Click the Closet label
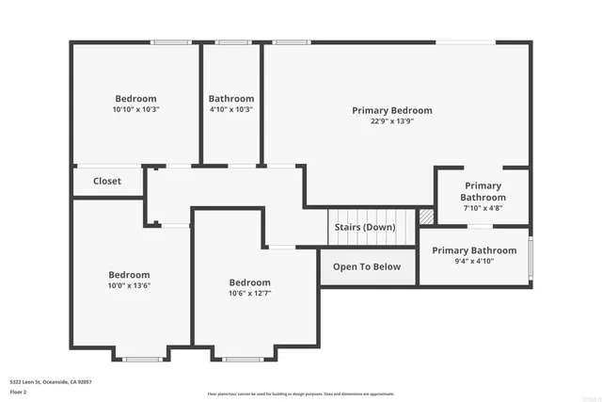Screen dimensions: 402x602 pyautogui.click(x=107, y=181)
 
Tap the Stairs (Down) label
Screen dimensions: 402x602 pyautogui.click(x=365, y=228)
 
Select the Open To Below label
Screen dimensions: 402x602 pyautogui.click(x=367, y=266)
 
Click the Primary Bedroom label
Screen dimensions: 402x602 pyautogui.click(x=392, y=110)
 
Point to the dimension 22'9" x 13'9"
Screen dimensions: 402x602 pyautogui.click(x=392, y=121)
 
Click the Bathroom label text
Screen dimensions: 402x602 pyautogui.click(x=231, y=99)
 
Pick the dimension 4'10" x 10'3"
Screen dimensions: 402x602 pyautogui.click(x=231, y=109)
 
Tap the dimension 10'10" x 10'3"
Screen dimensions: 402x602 pyautogui.click(x=136, y=109)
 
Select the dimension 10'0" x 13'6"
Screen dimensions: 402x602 pyautogui.click(x=129, y=286)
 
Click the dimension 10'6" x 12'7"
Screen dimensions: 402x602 pyautogui.click(x=250, y=294)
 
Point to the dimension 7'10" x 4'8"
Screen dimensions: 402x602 pyautogui.click(x=483, y=209)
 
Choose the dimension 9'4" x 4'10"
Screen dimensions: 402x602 pyautogui.click(x=474, y=262)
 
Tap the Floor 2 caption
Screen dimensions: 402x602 pyautogui.click(x=19, y=392)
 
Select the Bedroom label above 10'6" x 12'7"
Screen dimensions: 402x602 pyautogui.click(x=250, y=282)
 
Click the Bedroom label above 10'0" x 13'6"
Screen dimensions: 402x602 pyautogui.click(x=129, y=275)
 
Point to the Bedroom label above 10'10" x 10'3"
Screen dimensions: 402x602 pyautogui.click(x=136, y=99)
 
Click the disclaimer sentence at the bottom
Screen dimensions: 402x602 pyautogui.click(x=301, y=394)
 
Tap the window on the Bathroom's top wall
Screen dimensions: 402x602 pyautogui.click(x=231, y=42)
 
